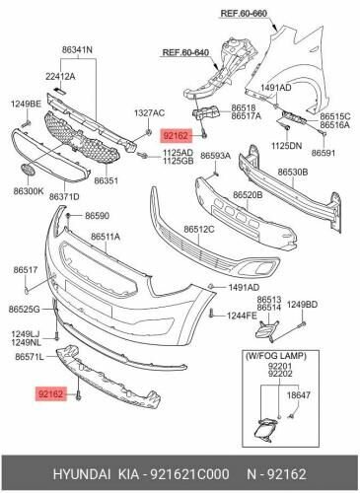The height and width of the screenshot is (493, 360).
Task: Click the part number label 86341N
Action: coord(77,50)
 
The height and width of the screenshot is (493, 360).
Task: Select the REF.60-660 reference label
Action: coord(244,14)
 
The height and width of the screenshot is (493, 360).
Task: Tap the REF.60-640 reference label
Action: coord(185,52)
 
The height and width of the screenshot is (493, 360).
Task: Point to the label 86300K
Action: coord(29,190)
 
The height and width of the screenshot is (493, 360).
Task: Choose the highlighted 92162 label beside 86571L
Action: coord(50,393)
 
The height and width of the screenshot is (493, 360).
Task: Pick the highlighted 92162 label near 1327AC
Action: coord(176,135)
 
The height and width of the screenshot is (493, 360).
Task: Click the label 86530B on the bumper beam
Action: coord(293,172)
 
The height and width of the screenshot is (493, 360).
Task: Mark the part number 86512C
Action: coord(199,229)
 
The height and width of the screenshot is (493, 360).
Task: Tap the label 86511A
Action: coord(106,237)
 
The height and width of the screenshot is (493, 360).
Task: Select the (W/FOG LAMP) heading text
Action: coord(275,355)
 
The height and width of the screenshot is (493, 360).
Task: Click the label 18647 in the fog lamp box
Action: coord(298,394)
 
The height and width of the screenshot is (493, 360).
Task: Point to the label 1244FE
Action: coord(242,316)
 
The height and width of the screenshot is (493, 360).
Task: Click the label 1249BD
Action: coord(303,305)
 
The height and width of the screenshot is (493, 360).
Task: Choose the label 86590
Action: coord(98,216)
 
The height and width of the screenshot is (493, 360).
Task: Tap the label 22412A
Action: coord(60,77)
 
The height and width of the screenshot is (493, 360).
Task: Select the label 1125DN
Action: coord(286,145)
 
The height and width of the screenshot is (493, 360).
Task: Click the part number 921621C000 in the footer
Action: coord(189,474)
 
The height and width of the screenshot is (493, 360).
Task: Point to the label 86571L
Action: coord(30,357)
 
